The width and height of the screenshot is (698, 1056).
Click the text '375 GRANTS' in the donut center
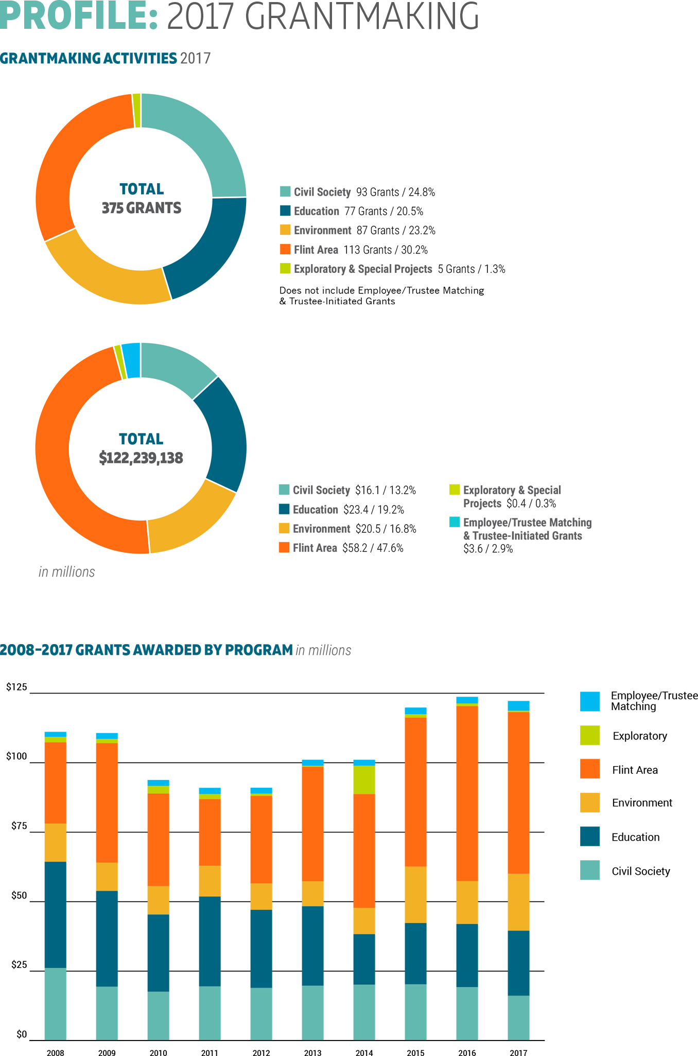[x=142, y=208]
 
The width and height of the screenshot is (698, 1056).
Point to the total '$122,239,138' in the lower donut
[x=141, y=458]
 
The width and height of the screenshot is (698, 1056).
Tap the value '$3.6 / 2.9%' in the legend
[x=488, y=549]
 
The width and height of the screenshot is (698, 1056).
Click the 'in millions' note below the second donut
[x=67, y=572]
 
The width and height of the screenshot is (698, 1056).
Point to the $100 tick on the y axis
[x=16, y=756]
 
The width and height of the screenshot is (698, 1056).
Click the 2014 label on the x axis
[x=364, y=1053]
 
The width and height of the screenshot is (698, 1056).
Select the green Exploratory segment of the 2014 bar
[x=364, y=780]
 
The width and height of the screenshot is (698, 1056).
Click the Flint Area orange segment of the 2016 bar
[x=467, y=793]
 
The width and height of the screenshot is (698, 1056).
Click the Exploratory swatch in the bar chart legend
[x=590, y=735]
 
